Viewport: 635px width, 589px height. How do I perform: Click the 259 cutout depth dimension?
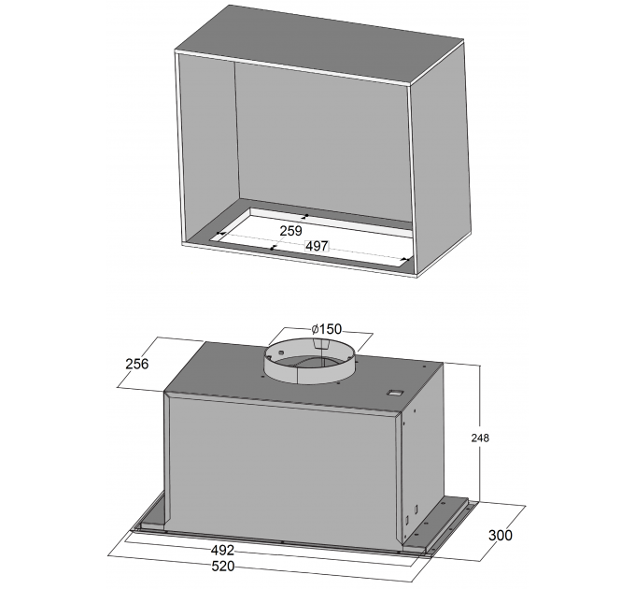pyautogui.click(x=290, y=231)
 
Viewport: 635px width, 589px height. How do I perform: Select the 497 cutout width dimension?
pyautogui.click(x=317, y=246)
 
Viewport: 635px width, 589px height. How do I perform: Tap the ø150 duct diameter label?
pyautogui.click(x=327, y=328)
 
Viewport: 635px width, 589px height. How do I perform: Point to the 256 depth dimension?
pyautogui.click(x=137, y=364)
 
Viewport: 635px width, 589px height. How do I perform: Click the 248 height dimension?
pyautogui.click(x=480, y=438)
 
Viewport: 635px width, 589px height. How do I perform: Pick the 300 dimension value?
pyautogui.click(x=501, y=535)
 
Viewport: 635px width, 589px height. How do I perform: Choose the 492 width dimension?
pyautogui.click(x=222, y=550)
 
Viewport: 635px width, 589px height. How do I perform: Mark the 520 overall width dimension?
pyautogui.click(x=223, y=566)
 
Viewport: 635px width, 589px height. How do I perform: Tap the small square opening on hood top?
pyautogui.click(x=395, y=393)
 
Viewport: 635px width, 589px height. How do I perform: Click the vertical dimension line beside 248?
pyautogui.click(x=480, y=434)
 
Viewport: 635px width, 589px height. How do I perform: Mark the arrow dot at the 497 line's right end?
pyautogui.click(x=408, y=259)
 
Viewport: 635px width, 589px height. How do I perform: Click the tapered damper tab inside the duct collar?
pyautogui.click(x=321, y=344)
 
